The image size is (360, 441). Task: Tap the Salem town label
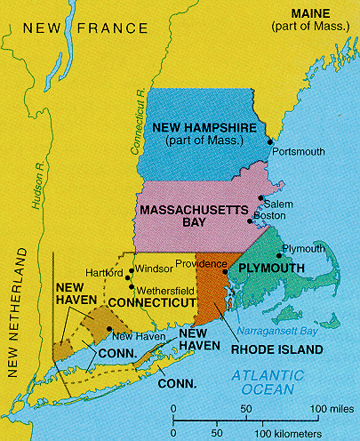coord(270,204)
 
